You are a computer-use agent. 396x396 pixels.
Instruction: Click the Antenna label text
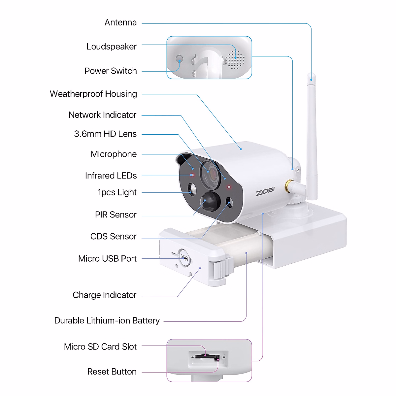pos(120,22)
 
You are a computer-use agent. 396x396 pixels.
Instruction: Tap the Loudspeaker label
pos(111,47)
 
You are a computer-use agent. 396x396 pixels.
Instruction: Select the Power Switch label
pos(111,71)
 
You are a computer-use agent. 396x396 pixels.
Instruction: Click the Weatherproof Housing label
pos(93,94)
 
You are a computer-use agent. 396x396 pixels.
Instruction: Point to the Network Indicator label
pos(102,115)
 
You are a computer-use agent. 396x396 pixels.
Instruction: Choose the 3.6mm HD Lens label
pos(105,134)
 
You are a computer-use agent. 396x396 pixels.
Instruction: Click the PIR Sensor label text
pos(115,215)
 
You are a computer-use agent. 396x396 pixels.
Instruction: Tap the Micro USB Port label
pos(107,259)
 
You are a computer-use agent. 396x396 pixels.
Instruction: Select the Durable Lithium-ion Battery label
pos(107,321)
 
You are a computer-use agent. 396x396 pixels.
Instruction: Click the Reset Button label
pos(112,372)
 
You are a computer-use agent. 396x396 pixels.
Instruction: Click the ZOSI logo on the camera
pos(265,191)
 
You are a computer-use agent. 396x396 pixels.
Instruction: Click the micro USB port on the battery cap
pos(184,258)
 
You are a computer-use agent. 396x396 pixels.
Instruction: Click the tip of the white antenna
pos(311,77)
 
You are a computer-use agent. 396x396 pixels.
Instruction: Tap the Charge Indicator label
pos(104,295)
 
